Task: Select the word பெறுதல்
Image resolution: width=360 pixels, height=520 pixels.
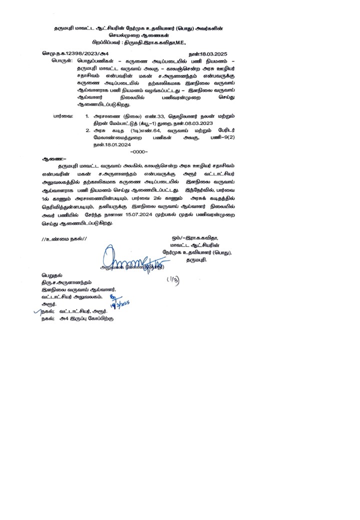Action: point(52,275)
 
